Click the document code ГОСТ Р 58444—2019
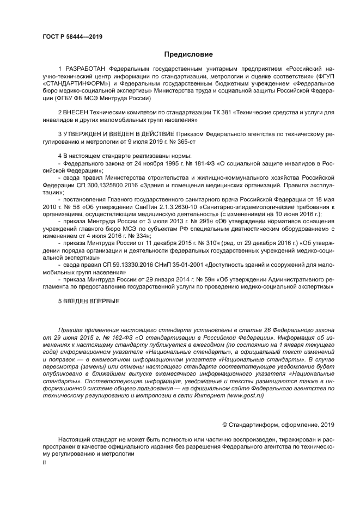(72, 36)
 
